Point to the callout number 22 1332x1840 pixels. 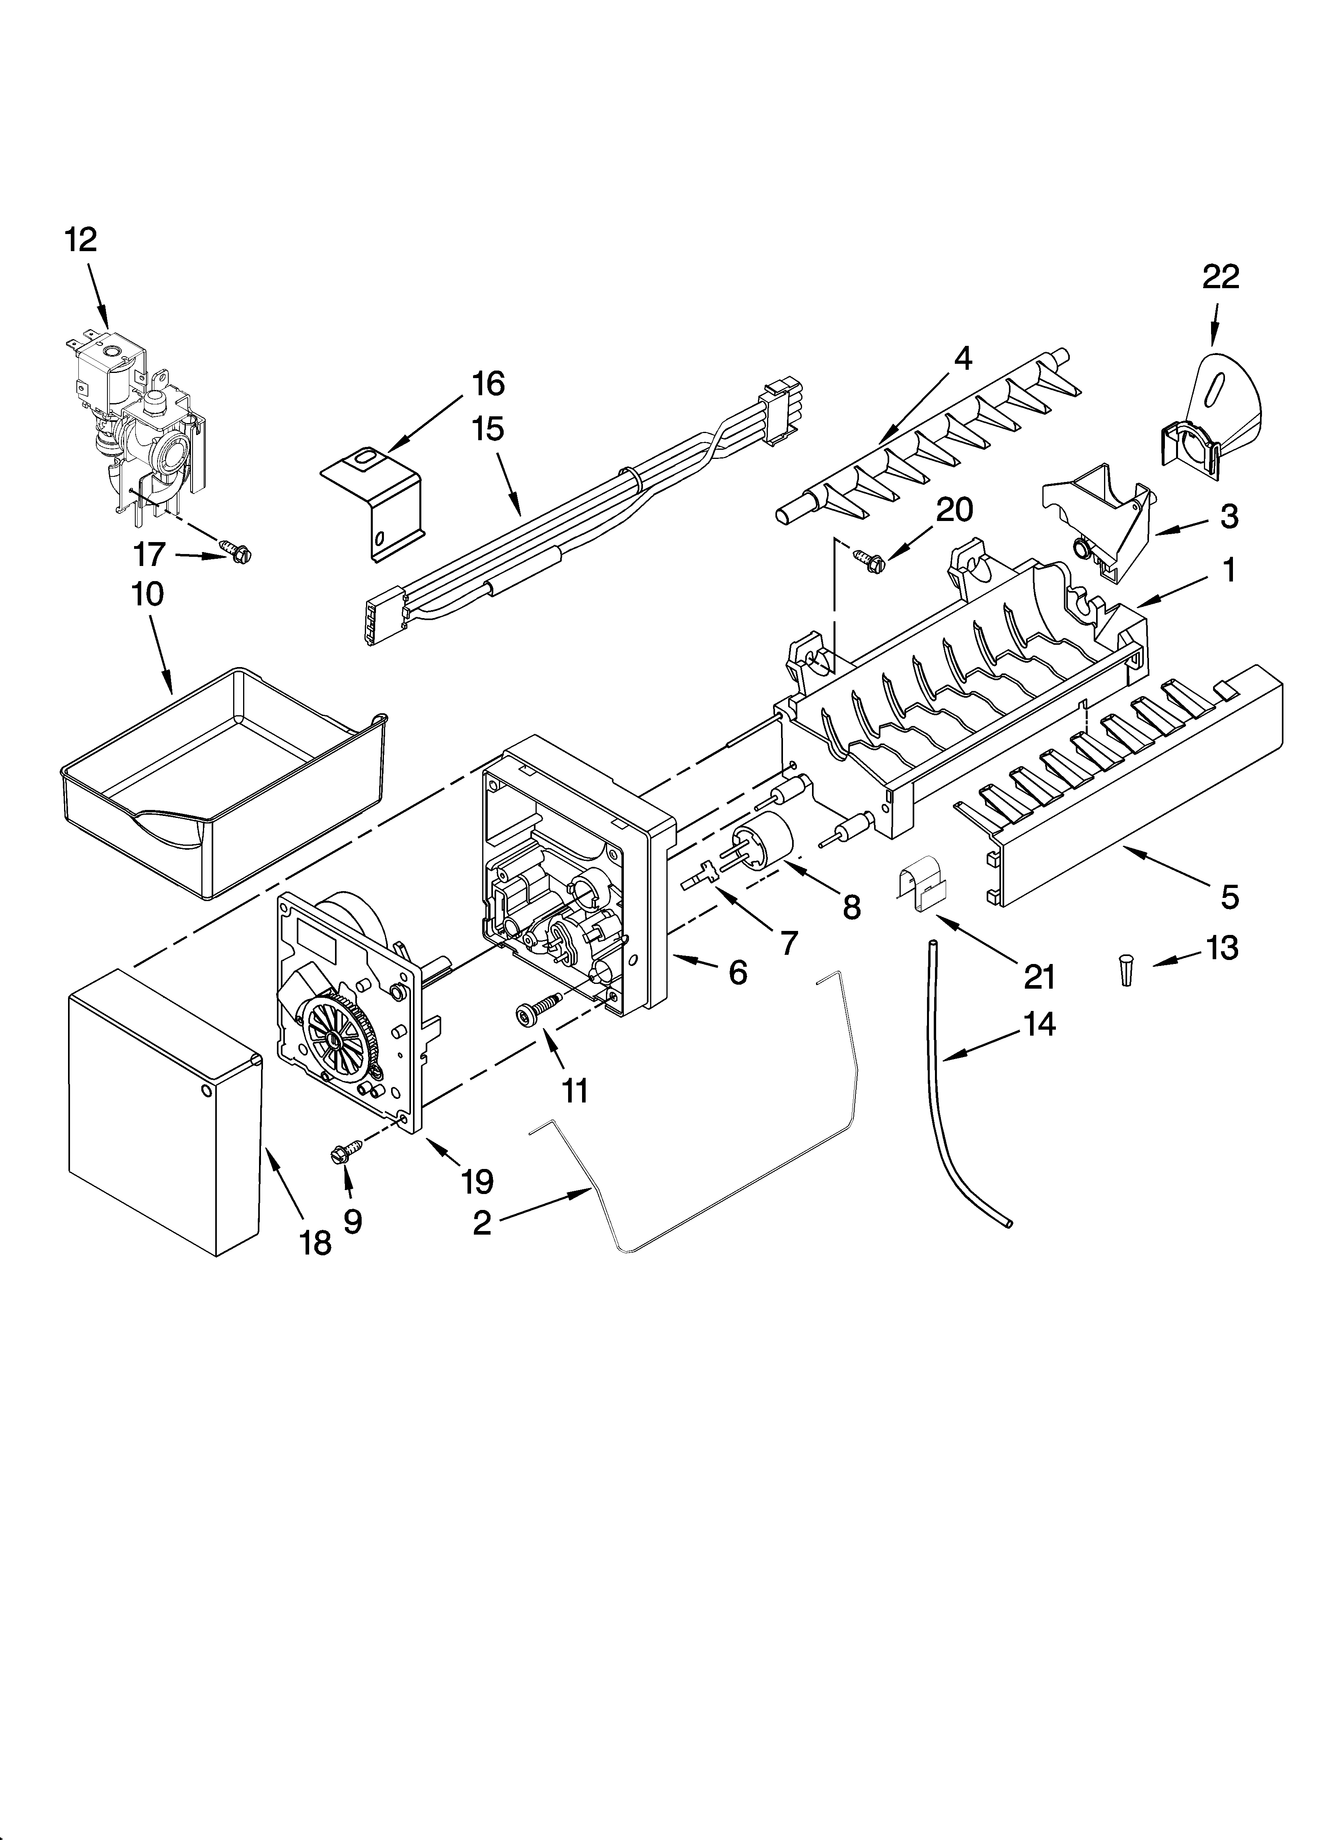point(1220,277)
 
